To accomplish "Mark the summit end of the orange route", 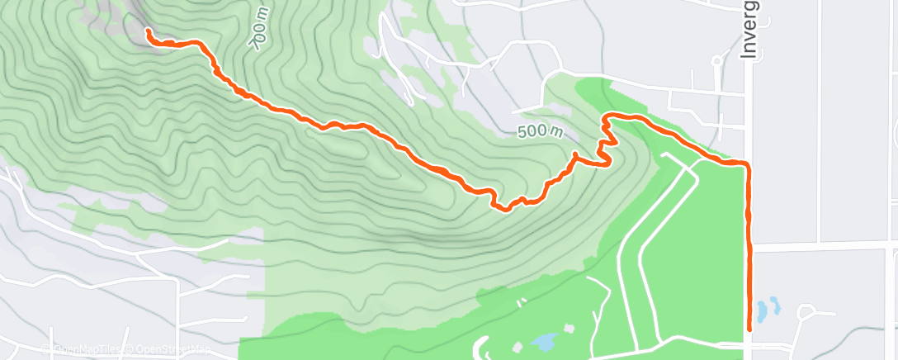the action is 149,31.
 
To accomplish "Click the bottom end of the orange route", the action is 749,329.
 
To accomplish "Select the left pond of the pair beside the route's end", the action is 763,311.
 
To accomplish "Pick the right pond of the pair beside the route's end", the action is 775,306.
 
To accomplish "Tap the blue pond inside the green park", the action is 545,340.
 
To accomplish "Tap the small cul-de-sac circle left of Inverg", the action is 717,60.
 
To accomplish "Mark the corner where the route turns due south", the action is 748,165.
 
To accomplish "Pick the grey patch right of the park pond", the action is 570,329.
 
